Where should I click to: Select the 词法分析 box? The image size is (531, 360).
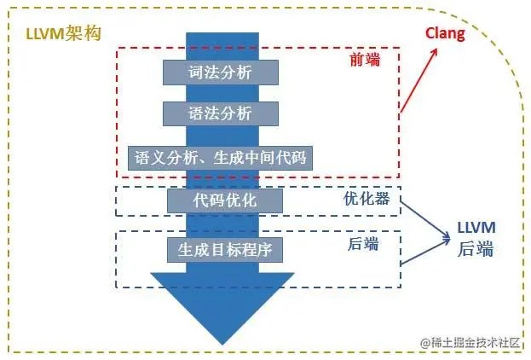tap(220, 72)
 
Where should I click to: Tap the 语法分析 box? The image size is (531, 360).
tap(220, 113)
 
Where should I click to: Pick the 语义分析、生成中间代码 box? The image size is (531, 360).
tap(220, 158)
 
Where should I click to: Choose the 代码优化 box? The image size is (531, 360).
tap(224, 200)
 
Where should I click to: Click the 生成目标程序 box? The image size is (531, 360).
tap(224, 249)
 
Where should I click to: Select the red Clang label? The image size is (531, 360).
tap(446, 33)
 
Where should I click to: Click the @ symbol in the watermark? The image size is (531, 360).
tap(423, 341)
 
